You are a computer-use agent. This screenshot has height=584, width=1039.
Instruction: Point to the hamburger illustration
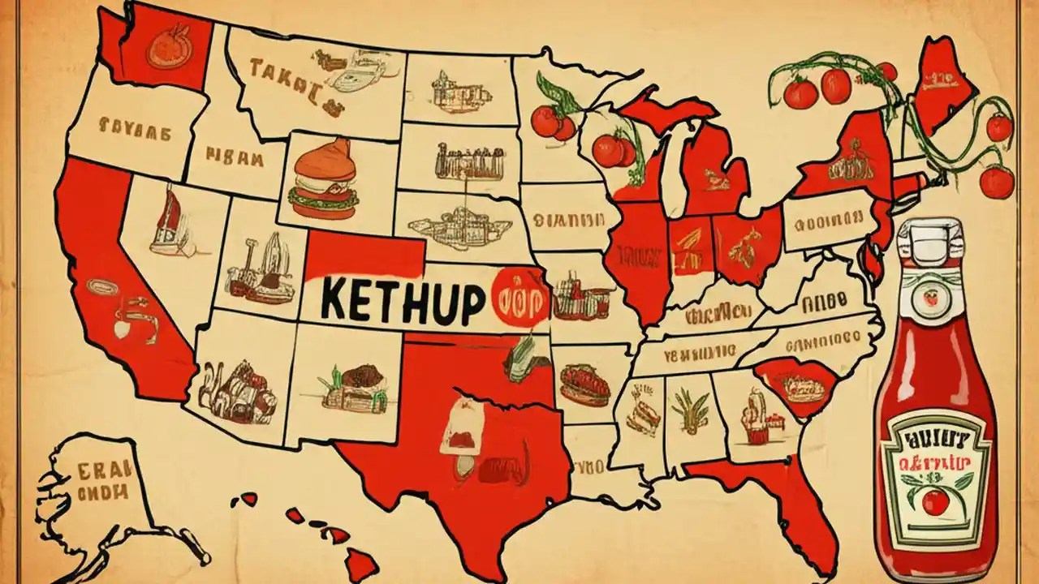[324, 179]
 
